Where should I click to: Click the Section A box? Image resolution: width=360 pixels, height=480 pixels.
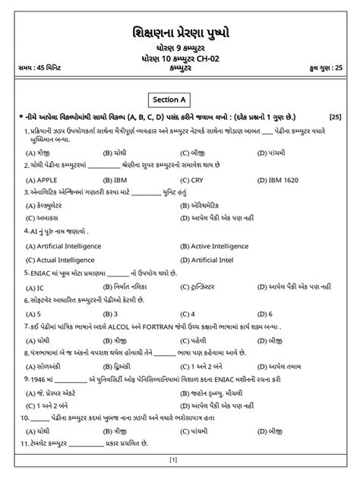point(179,99)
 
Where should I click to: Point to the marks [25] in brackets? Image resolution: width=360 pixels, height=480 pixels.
point(335,117)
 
